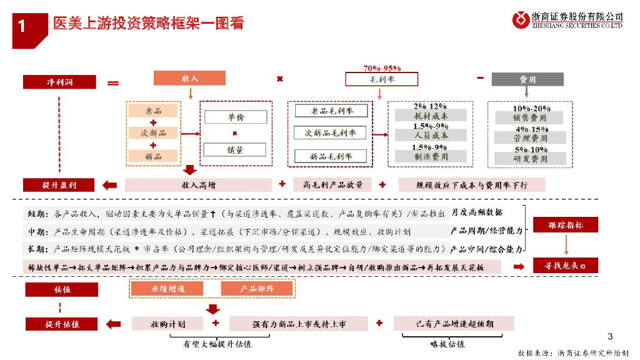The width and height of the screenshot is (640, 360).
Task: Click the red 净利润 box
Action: (59, 82)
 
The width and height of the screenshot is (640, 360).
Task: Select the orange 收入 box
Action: (189, 79)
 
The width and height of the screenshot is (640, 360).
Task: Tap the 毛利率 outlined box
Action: (381, 79)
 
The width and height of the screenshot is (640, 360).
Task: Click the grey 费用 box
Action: (527, 79)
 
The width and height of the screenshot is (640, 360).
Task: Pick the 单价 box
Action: (235, 117)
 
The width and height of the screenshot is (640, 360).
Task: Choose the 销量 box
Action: (235, 150)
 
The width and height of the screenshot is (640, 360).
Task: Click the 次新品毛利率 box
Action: (331, 133)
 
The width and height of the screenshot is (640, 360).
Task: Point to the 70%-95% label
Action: (381, 68)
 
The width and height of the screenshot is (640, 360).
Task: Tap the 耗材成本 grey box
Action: (431, 116)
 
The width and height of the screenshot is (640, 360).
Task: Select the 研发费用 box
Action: (531, 159)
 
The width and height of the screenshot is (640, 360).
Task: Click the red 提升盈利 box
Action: (59, 185)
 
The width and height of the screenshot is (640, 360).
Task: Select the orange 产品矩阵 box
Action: (257, 289)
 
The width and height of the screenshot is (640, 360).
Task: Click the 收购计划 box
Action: (167, 324)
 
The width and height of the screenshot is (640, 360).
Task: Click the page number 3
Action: (611, 336)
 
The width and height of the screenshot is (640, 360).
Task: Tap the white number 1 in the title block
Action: (22, 27)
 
